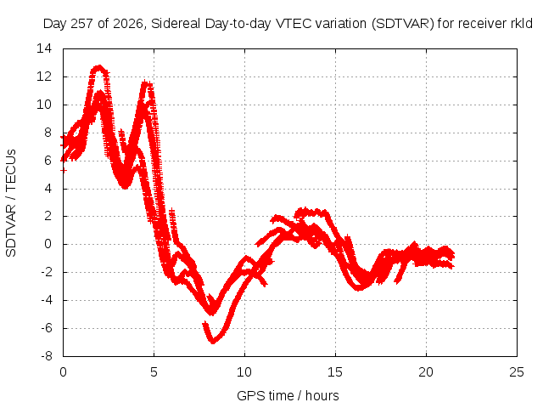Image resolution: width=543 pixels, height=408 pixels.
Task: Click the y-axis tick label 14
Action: (x=44, y=48)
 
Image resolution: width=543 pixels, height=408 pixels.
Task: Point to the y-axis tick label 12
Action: (x=44, y=76)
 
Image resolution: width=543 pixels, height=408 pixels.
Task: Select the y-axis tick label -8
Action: (x=47, y=356)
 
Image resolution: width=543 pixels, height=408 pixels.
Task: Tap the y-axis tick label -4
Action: (x=47, y=300)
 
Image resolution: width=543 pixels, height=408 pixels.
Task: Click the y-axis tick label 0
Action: (x=48, y=244)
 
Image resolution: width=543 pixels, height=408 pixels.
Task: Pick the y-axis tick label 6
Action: (x=48, y=161)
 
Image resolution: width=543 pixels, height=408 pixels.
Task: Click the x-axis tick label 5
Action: (x=154, y=372)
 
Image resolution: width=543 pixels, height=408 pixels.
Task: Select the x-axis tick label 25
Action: (x=517, y=372)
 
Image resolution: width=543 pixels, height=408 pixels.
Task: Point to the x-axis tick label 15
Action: (x=335, y=372)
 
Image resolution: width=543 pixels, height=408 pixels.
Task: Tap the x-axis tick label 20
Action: (x=426, y=372)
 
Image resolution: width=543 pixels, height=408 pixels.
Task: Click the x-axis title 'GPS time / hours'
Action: (x=288, y=396)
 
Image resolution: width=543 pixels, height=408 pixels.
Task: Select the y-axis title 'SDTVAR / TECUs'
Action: (x=11, y=203)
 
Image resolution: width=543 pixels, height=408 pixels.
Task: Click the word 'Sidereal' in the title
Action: (x=176, y=24)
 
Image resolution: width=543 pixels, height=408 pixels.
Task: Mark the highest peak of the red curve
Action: (x=100, y=66)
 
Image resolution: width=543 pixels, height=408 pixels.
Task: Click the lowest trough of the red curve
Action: (x=213, y=342)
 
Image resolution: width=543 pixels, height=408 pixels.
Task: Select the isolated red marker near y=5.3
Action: (x=64, y=170)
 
